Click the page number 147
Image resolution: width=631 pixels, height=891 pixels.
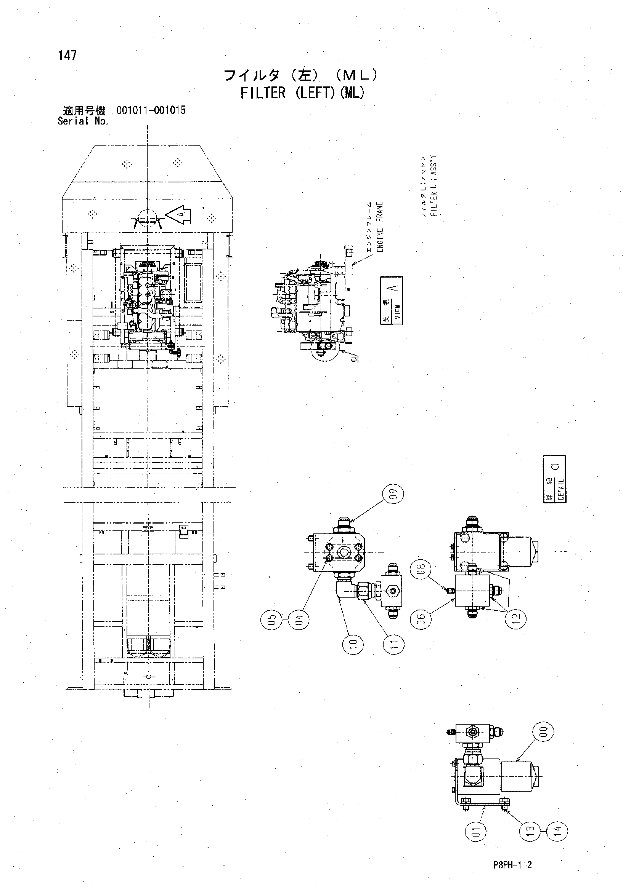[67, 56]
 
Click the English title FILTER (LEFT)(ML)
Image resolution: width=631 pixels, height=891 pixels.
[302, 93]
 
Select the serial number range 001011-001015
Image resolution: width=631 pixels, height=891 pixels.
[151, 110]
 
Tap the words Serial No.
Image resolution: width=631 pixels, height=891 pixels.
[83, 121]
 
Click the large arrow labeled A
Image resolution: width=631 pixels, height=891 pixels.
[178, 215]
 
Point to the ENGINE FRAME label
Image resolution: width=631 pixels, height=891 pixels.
[380, 227]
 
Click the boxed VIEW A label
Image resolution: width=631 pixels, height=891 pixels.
[391, 300]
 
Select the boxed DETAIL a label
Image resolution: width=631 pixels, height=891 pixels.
[554, 479]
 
